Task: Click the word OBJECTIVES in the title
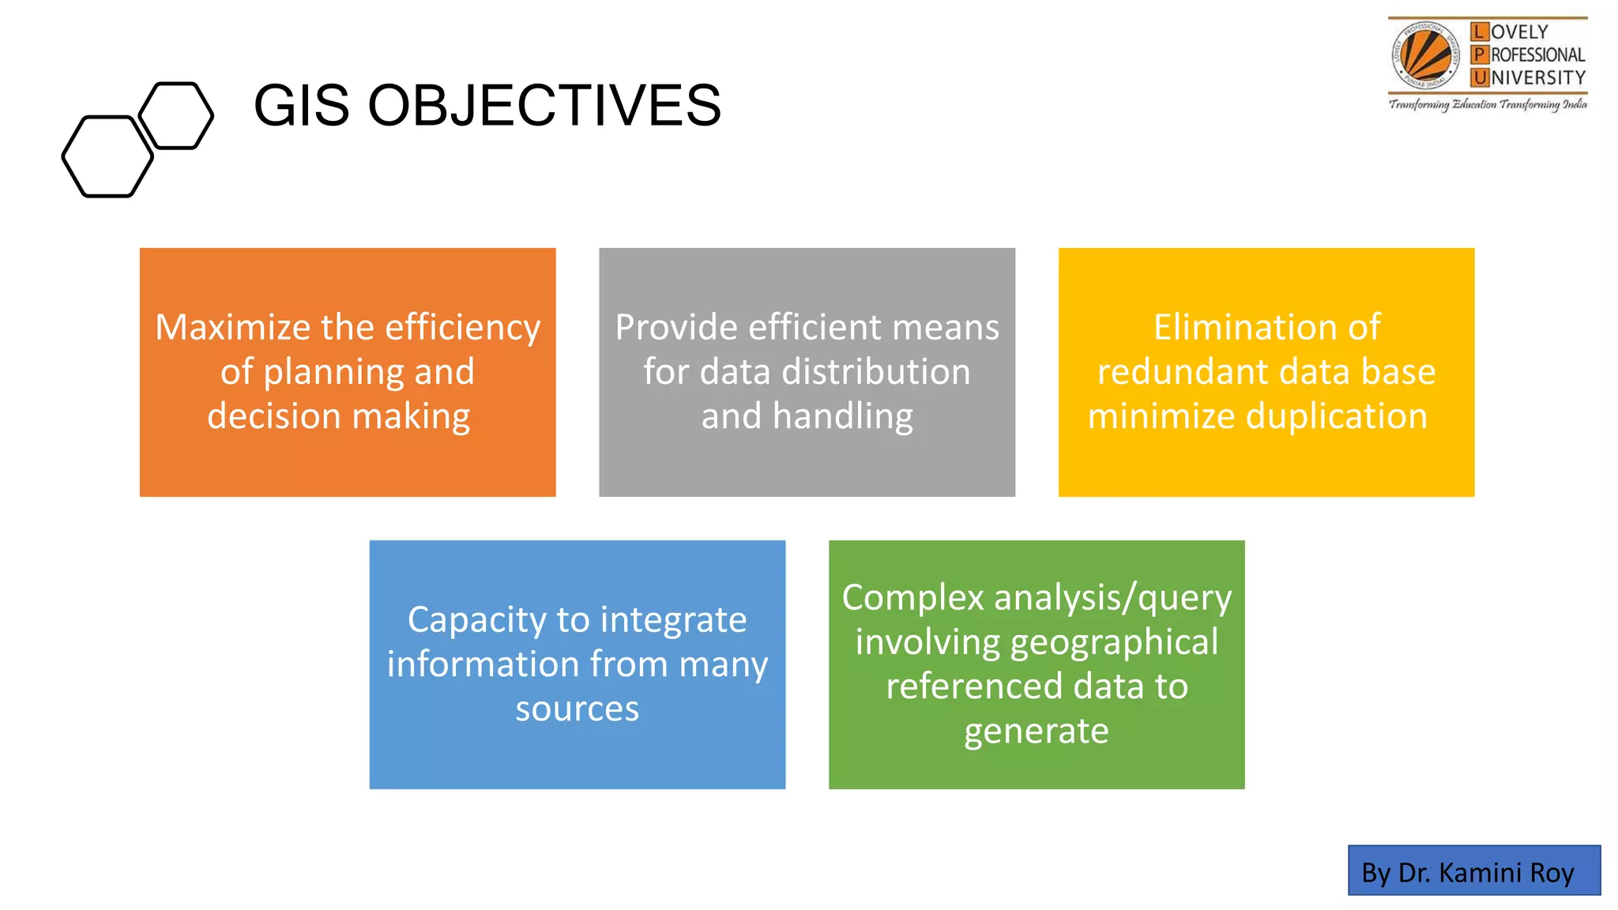[544, 106]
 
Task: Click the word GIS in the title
[301, 106]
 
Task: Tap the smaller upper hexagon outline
[176, 115]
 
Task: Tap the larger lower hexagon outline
[107, 156]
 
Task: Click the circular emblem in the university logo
[1425, 55]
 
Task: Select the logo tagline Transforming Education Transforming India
[1488, 104]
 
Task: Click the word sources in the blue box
[577, 709]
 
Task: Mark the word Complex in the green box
[912, 598]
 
